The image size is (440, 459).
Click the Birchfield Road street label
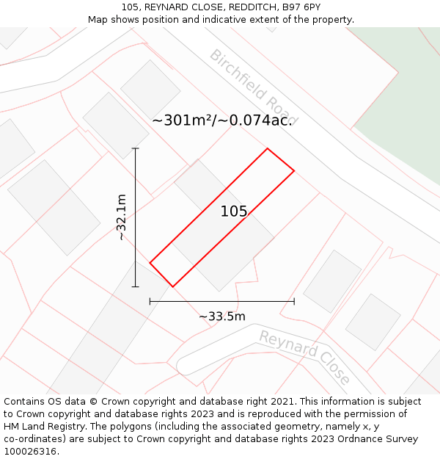[253, 87]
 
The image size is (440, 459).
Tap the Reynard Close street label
[304, 357]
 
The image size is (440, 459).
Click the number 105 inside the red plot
[234, 212]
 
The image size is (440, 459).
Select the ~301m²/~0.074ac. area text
[222, 120]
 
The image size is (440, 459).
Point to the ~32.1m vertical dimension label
[122, 217]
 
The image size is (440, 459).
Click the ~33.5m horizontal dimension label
[221, 317]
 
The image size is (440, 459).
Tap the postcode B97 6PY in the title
[301, 7]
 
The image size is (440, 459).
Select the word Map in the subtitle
[98, 20]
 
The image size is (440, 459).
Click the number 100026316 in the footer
[30, 452]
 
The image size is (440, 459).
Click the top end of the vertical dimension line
[136, 148]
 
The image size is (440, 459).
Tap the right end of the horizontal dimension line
[294, 301]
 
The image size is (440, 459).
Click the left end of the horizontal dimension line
[150, 301]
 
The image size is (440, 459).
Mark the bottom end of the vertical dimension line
[136, 286]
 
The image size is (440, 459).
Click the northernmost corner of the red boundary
[267, 148]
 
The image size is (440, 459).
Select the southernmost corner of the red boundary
[172, 286]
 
